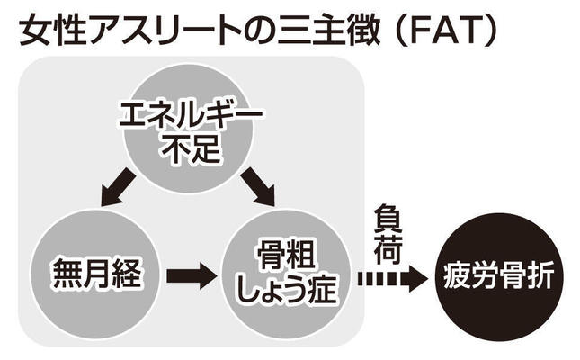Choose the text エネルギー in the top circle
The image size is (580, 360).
click(191, 116)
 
